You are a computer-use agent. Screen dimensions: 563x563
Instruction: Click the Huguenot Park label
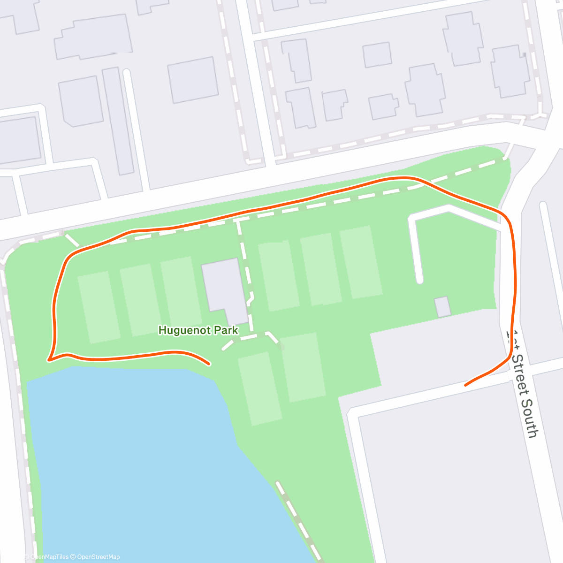pos(198,330)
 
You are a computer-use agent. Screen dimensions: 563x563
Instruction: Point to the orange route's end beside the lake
pos(208,364)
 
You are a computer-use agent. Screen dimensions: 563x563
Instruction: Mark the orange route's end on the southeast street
pos(465,385)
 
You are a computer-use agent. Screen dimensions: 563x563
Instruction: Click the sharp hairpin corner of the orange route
pos(49,360)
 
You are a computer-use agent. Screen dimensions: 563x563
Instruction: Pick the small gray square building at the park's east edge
pos(442,306)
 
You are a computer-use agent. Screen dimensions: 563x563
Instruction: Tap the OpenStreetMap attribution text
pos(98,557)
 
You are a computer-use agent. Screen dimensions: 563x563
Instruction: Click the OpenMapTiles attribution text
pos(49,557)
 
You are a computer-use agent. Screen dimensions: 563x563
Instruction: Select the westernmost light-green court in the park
pos(99,307)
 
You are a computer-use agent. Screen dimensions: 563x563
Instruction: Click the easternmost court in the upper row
pos(360,263)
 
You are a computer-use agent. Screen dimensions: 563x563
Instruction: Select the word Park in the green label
pos(226,330)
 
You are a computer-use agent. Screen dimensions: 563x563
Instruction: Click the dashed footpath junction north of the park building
pos(238,219)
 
